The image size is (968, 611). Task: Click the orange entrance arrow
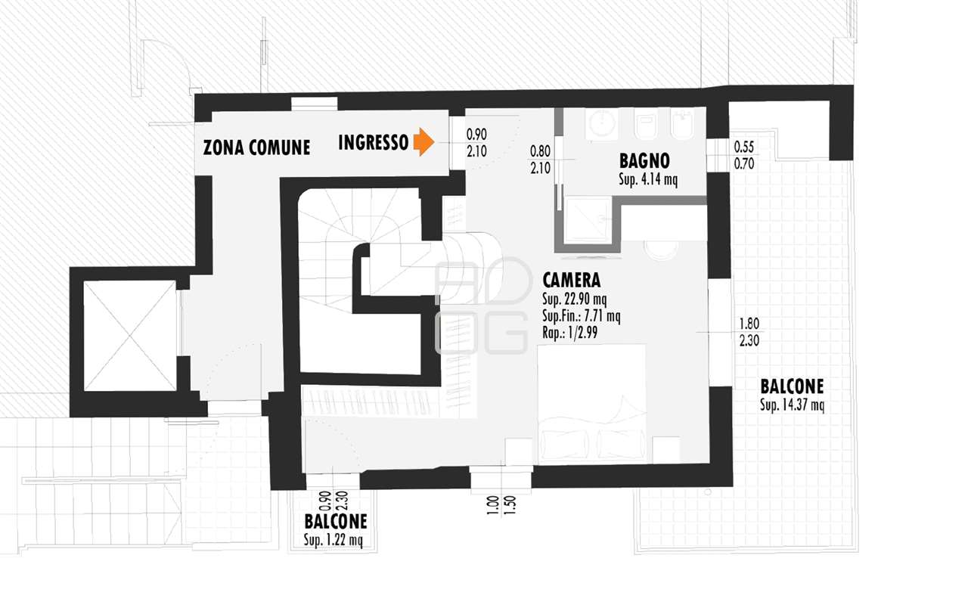click(423, 141)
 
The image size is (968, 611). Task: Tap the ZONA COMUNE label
click(256, 147)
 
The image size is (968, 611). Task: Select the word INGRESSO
click(374, 143)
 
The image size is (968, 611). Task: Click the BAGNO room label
click(644, 161)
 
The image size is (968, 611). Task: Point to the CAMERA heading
click(571, 280)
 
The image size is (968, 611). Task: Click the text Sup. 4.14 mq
click(648, 179)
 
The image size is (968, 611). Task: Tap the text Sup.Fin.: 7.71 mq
click(582, 316)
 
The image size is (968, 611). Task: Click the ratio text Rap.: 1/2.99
click(570, 333)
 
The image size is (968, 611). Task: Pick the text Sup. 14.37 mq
click(792, 405)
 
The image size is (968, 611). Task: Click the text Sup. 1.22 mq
click(334, 540)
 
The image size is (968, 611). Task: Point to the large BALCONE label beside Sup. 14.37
click(792, 386)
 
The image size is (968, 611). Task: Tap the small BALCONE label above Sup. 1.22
click(336, 522)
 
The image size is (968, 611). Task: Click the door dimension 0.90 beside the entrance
click(476, 135)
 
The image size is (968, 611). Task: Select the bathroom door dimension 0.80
click(540, 151)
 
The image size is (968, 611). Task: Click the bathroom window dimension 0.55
click(743, 147)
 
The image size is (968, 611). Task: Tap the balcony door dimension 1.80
click(749, 324)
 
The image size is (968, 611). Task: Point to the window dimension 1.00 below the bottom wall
click(492, 505)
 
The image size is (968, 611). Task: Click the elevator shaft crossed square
click(129, 336)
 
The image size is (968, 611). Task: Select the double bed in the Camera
click(592, 403)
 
